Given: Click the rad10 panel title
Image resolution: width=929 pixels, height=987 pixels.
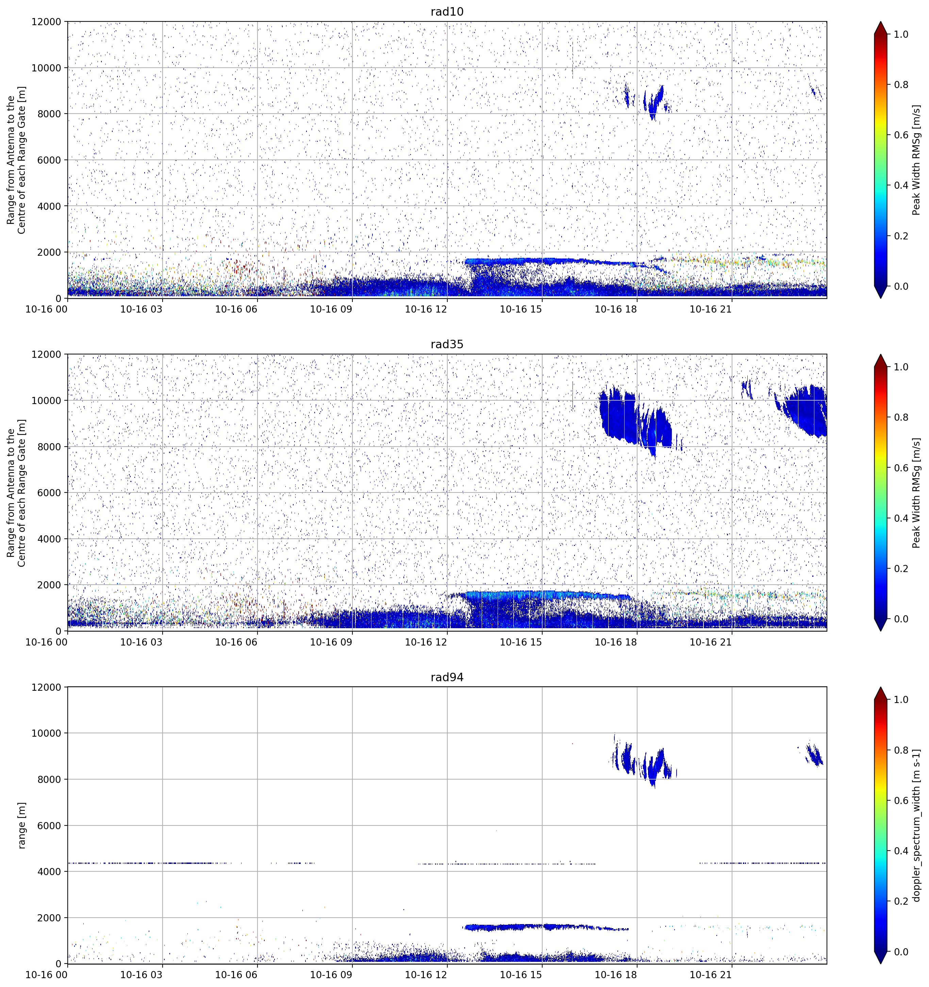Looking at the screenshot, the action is tap(447, 12).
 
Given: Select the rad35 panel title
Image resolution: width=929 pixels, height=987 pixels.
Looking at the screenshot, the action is tap(447, 345).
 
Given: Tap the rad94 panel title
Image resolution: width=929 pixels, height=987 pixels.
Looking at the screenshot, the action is tap(447, 677).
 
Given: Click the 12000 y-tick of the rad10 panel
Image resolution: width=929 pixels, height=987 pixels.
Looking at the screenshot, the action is tap(46, 22).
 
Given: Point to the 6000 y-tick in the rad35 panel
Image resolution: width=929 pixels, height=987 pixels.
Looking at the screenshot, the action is tap(49, 492).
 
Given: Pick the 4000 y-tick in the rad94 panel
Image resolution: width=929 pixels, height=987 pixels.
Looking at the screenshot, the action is tap(49, 872).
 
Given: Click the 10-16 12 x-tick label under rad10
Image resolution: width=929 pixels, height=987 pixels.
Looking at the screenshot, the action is tap(426, 309).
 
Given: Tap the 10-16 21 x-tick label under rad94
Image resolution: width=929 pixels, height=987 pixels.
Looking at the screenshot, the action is tap(711, 975).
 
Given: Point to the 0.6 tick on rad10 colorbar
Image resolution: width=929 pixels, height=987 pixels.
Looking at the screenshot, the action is tap(901, 135).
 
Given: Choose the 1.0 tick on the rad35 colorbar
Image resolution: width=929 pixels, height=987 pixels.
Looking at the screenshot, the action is tap(901, 367).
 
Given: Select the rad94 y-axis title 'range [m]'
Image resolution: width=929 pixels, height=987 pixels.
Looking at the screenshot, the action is tap(21, 825).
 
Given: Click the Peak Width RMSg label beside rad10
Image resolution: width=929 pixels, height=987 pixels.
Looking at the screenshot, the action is tap(917, 160).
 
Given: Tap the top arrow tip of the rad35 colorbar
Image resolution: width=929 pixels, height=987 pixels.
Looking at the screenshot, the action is tap(880, 354).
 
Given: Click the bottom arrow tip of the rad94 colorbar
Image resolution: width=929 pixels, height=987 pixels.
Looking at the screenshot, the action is tap(880, 964).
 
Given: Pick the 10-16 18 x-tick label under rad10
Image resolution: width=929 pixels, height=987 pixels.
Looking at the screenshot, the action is tap(616, 309).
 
